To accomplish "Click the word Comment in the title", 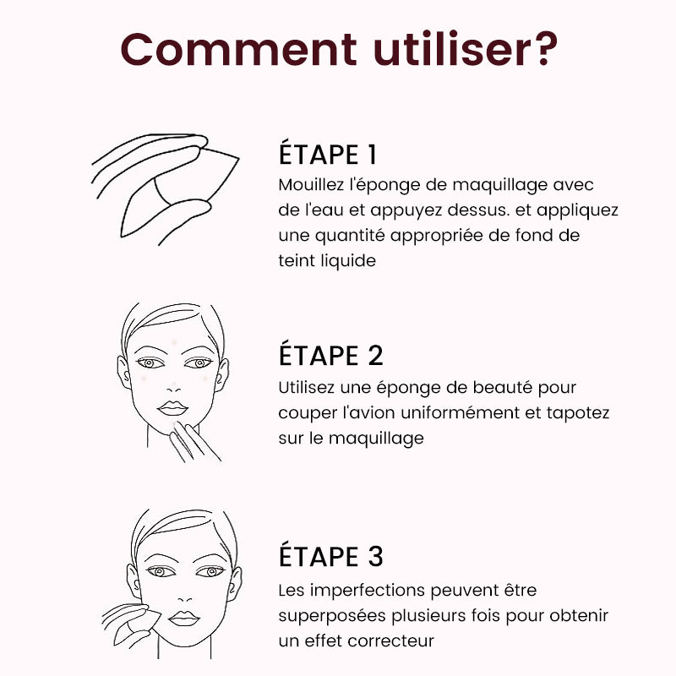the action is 238,49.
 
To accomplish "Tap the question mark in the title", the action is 545,48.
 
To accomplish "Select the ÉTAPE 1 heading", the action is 328,154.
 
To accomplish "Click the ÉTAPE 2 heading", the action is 330,355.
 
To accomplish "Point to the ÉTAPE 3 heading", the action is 330,556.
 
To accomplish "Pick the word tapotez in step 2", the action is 578,413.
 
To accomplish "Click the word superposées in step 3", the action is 332,616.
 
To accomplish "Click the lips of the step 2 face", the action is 173,408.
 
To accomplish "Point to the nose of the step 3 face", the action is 184,598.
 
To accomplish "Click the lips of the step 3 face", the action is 184,619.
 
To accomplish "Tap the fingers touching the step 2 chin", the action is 194,442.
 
